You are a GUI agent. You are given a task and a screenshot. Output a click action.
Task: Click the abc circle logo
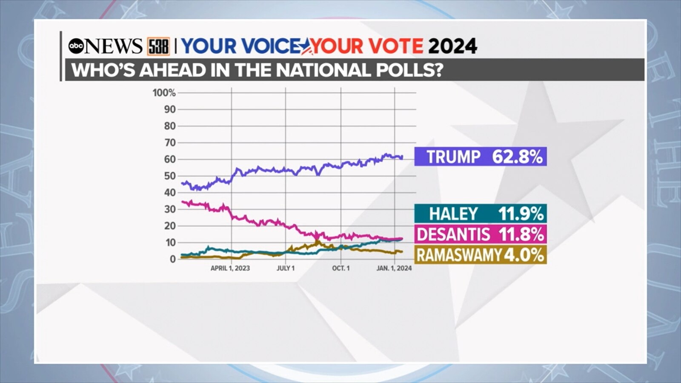tap(77, 46)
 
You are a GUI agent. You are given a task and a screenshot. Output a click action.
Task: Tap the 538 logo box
tap(158, 46)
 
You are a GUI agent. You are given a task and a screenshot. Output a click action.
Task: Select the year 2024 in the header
tap(452, 46)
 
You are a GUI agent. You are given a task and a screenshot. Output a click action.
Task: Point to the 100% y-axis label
tap(164, 93)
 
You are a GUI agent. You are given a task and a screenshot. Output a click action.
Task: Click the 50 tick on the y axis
tap(170, 176)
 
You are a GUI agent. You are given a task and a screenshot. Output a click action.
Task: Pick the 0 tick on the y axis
tap(172, 259)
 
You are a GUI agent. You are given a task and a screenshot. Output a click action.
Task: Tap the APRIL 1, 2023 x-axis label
tap(230, 268)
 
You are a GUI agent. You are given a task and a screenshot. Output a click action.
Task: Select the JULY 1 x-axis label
tap(286, 268)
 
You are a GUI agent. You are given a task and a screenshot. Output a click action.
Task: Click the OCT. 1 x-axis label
tap(341, 268)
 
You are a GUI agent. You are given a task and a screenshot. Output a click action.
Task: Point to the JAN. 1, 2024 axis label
tap(394, 268)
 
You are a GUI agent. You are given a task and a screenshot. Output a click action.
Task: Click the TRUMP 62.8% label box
tap(481, 157)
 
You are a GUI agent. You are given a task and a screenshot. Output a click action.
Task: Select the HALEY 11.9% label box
tap(481, 213)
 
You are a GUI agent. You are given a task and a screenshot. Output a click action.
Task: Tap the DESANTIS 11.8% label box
tap(481, 234)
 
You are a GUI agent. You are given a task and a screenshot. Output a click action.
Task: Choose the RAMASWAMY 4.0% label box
tap(481, 255)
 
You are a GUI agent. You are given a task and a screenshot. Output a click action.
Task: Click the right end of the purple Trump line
tap(402, 157)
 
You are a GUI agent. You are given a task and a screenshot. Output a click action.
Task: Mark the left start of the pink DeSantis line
tap(182, 202)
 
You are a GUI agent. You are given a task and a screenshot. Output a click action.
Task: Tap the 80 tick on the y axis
tap(170, 126)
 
